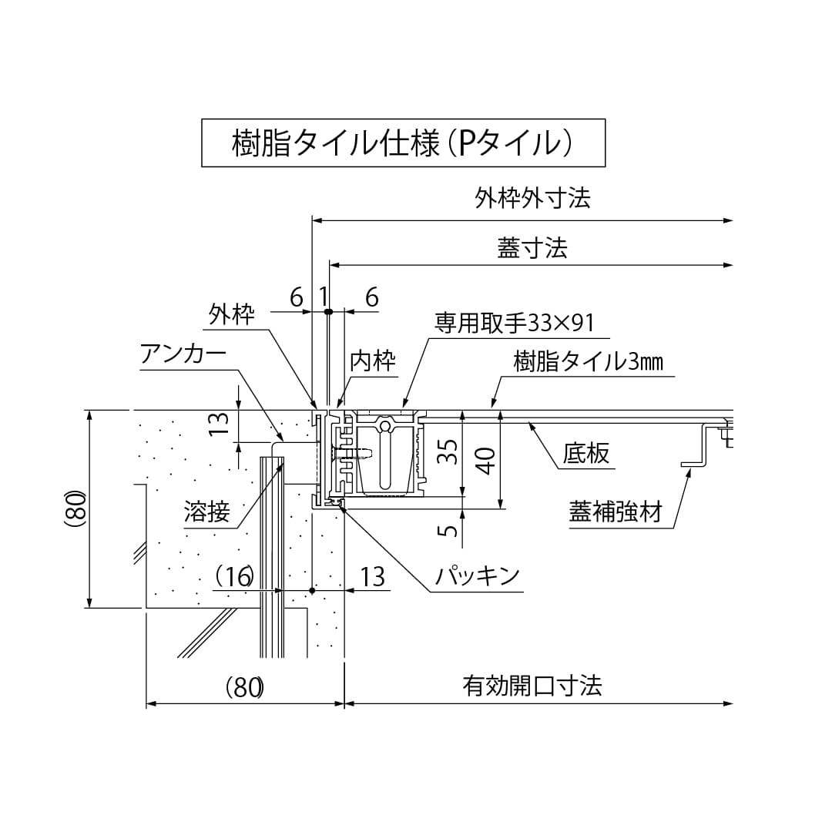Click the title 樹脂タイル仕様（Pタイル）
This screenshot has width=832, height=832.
(x=403, y=143)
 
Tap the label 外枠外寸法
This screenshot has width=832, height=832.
(x=532, y=200)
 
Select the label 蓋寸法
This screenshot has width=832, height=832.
(x=532, y=248)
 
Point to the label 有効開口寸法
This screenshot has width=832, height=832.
(x=532, y=685)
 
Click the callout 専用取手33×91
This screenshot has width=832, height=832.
(x=515, y=323)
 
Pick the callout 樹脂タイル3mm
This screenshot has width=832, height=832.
(x=588, y=362)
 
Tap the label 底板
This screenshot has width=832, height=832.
(x=585, y=454)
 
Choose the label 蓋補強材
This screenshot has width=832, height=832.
(x=616, y=512)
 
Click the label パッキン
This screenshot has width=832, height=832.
(x=477, y=576)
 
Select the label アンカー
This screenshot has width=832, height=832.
(x=183, y=354)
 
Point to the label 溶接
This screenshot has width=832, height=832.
(x=206, y=512)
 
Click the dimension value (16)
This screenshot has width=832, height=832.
(x=234, y=576)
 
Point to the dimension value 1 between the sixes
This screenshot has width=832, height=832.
(x=324, y=296)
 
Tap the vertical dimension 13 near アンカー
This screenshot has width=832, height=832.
(x=220, y=423)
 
